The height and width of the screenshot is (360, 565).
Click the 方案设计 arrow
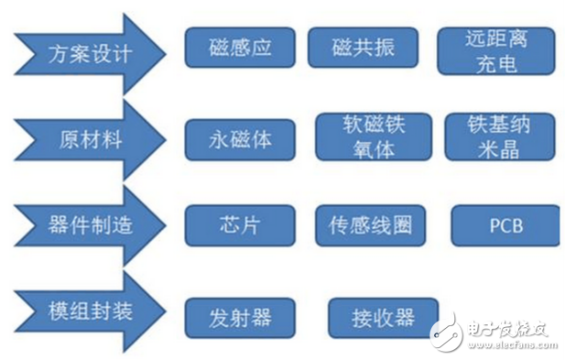(x=87, y=51)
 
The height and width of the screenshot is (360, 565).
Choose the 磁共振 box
(x=364, y=47)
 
